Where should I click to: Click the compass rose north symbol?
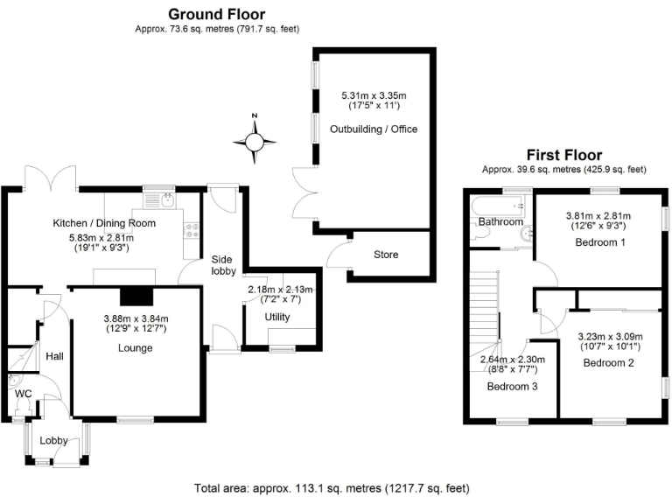coord(255,140)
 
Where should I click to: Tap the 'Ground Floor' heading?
coord(216,14)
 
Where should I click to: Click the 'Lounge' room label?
coord(136,347)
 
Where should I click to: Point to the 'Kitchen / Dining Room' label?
coord(104,223)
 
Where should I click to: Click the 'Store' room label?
coord(386,255)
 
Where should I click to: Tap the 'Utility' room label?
coord(277,317)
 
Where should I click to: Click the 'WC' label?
coord(23,394)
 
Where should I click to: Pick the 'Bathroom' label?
coord(500,222)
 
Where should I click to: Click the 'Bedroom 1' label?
coord(599,242)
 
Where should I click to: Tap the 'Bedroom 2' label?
coord(608,362)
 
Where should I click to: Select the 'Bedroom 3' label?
coord(512,387)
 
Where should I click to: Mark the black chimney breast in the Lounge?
coord(136,296)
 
